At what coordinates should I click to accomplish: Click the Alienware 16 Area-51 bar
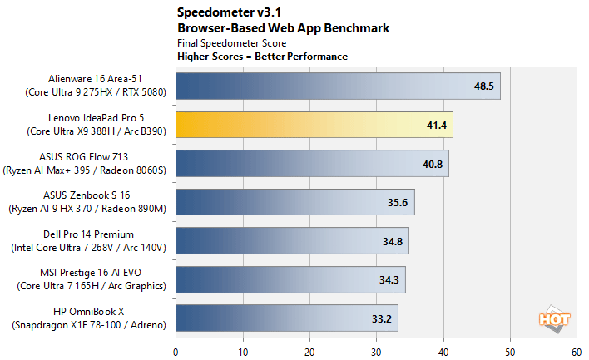tap(337, 86)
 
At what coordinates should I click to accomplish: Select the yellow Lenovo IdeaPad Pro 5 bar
tap(314, 125)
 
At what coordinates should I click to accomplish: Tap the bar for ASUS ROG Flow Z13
tap(311, 163)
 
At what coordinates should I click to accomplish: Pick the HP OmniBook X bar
tap(286, 318)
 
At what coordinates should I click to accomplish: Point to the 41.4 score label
tap(438, 125)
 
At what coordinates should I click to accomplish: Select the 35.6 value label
tap(399, 202)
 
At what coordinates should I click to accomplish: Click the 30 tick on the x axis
tap(376, 350)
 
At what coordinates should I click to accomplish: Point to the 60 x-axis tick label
tap(577, 350)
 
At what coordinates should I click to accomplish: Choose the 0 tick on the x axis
tap(176, 350)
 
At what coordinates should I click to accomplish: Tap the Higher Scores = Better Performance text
tap(262, 57)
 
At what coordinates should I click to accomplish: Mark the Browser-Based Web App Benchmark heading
tap(283, 27)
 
